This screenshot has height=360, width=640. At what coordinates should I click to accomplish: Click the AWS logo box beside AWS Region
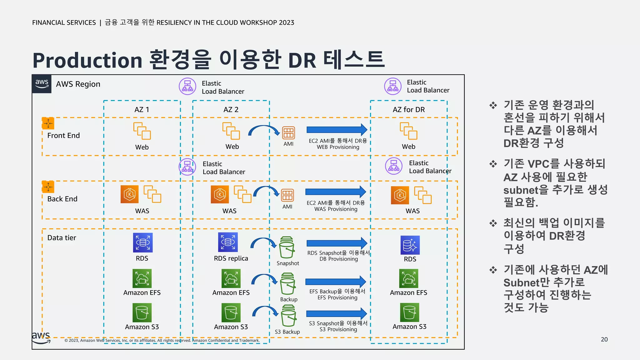[42, 84]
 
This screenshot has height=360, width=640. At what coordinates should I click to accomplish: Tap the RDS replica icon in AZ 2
[228, 242]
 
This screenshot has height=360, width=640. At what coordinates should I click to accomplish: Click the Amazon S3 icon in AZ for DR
[409, 312]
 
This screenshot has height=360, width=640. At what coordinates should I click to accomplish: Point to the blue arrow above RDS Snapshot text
[336, 243]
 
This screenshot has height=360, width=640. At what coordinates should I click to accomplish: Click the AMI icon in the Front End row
[288, 132]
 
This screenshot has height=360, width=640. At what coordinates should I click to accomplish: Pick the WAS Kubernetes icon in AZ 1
[129, 194]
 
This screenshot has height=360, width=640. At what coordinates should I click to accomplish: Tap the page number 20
[604, 339]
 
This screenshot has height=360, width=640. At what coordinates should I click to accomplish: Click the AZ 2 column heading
[231, 110]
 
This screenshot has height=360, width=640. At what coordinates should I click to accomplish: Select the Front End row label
[63, 135]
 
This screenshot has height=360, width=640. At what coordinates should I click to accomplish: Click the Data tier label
[62, 238]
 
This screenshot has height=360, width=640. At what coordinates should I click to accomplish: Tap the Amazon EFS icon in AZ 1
[142, 278]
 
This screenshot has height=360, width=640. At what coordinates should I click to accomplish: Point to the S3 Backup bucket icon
[288, 316]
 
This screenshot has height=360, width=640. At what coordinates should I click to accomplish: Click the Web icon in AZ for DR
[408, 131]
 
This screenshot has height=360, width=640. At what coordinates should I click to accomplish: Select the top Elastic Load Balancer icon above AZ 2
[187, 86]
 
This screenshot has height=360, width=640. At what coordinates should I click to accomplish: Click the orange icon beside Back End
[48, 187]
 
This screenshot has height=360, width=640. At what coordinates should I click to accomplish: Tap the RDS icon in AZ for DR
[410, 245]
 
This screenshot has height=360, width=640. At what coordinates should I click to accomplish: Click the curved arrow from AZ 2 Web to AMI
[263, 129]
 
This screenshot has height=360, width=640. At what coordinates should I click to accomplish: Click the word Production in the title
[87, 60]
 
